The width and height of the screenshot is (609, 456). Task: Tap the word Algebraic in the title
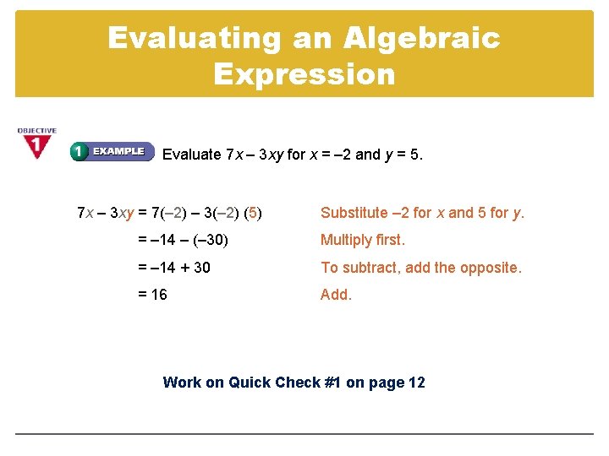coord(422,39)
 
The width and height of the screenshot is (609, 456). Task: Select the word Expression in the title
coord(304,74)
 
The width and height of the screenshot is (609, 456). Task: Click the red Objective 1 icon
coord(36,144)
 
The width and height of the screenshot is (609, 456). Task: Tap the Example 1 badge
coord(112,152)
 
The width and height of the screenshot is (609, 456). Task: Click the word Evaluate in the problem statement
coord(191,155)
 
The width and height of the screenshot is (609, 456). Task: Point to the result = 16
coord(152,295)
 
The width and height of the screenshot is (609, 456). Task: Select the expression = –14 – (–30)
coord(184,240)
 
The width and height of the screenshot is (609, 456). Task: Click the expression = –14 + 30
coord(174,268)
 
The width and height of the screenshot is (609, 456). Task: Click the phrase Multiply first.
coord(363,240)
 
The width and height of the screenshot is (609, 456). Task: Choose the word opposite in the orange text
coord(493,268)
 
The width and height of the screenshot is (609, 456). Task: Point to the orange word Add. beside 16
coord(336,295)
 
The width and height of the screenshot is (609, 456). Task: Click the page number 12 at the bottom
coord(416,383)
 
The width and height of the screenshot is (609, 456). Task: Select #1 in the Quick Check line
coord(332,383)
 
